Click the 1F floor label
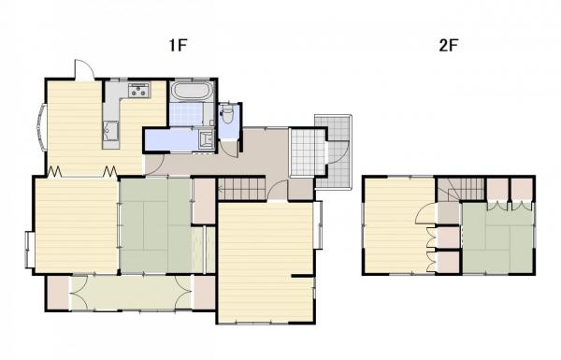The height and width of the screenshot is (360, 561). click(179, 46)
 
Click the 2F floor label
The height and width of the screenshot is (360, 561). click(449, 46)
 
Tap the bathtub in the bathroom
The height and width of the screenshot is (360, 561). click(192, 91)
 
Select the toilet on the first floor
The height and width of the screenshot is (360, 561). click(228, 114)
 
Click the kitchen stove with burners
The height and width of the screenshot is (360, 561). click(139, 90)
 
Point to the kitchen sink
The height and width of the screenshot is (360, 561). click(111, 131)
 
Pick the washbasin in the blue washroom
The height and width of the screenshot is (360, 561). click(206, 139)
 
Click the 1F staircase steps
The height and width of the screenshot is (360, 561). click(242, 189)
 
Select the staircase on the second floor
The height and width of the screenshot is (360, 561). click(462, 189)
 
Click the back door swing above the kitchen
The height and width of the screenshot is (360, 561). click(84, 70)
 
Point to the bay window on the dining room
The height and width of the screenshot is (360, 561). click(41, 127)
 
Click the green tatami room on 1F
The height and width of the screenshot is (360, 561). click(155, 225)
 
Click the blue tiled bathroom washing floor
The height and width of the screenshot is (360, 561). click(186, 114)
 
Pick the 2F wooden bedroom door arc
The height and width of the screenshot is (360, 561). click(424, 214)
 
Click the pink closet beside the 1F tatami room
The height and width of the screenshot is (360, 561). click(204, 201)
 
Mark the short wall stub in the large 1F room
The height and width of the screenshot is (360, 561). click(303, 276)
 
